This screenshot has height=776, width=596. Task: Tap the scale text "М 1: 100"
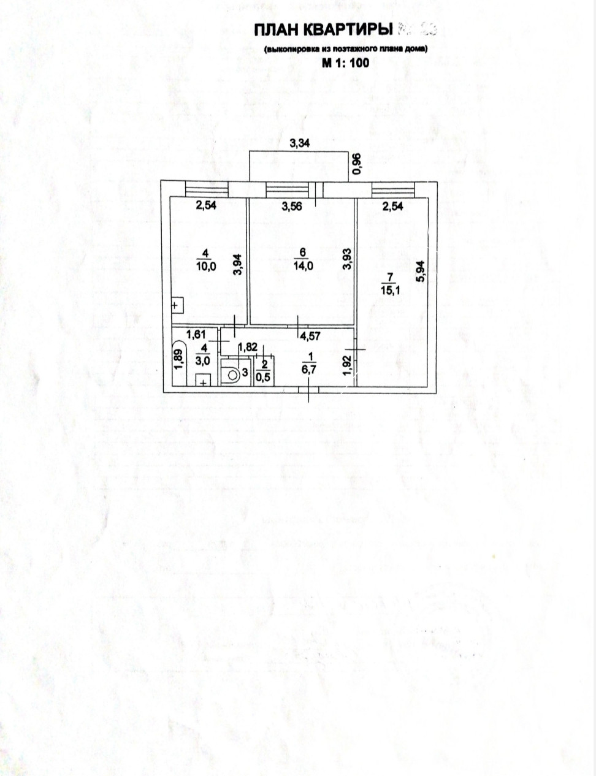pos(345,62)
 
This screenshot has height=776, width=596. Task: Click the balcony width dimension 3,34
pos(300,143)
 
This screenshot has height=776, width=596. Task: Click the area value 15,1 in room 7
pos(391,291)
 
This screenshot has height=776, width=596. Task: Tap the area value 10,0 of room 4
pos(205,266)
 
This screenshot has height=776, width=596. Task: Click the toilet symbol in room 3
pos(231,373)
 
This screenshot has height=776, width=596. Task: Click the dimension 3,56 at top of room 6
pos(292,207)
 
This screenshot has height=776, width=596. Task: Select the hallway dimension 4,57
pos(309,335)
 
